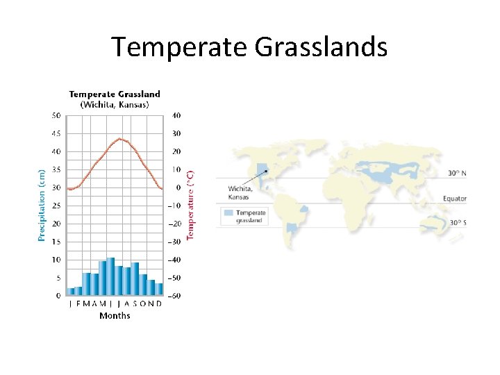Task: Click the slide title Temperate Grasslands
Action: (x=249, y=47)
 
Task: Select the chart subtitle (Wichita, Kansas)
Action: (x=114, y=104)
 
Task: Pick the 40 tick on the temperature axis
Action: (x=176, y=115)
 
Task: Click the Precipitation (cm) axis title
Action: (x=42, y=206)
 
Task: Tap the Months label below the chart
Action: (x=115, y=316)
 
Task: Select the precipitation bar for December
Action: (x=159, y=289)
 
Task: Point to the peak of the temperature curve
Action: (x=119, y=138)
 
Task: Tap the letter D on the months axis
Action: (x=159, y=303)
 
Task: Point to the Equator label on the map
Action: (x=455, y=199)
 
